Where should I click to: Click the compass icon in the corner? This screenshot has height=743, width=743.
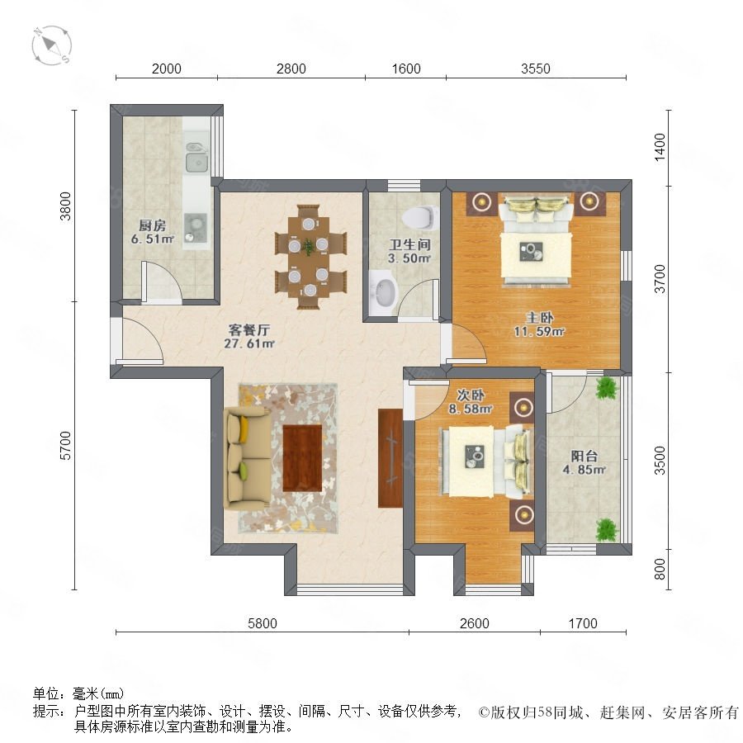(52, 45)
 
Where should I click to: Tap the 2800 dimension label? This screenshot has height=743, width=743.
(291, 69)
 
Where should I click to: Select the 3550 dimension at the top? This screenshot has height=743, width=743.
(536, 69)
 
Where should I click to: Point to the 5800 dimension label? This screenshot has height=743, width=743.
(262, 623)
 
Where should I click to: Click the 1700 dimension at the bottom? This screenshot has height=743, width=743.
(583, 623)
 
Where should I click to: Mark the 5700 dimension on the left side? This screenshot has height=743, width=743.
(65, 446)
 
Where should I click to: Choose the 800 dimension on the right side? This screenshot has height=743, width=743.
(660, 569)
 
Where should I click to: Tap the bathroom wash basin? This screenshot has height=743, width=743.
(383, 292)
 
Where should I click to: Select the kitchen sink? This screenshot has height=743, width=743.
(196, 158)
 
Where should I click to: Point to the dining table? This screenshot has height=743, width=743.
(310, 257)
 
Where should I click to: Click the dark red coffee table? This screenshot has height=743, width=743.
(302, 458)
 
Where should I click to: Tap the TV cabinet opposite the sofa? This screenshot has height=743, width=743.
(390, 457)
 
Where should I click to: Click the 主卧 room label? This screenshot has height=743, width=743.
(539, 318)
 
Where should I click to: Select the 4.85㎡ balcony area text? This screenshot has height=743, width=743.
(584, 470)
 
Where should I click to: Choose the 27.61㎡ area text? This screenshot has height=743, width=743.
(249, 343)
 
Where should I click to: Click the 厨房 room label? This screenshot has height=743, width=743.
(152, 225)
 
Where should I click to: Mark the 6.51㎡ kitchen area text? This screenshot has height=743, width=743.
(153, 239)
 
